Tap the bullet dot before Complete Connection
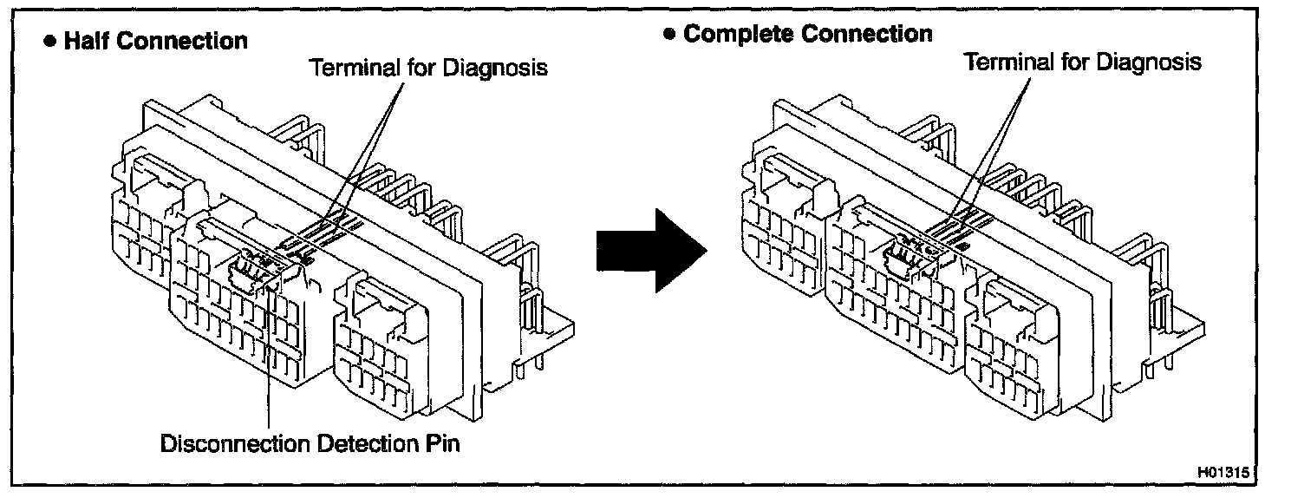[668, 35]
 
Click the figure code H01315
[1224, 472]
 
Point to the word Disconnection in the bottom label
[233, 444]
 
